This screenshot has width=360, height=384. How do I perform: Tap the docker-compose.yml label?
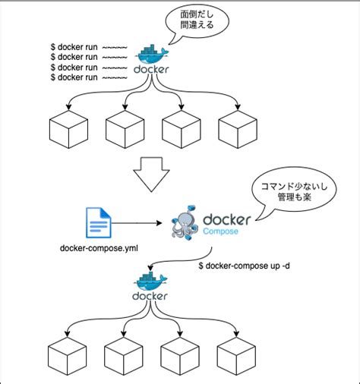pyautogui.click(x=98, y=249)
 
